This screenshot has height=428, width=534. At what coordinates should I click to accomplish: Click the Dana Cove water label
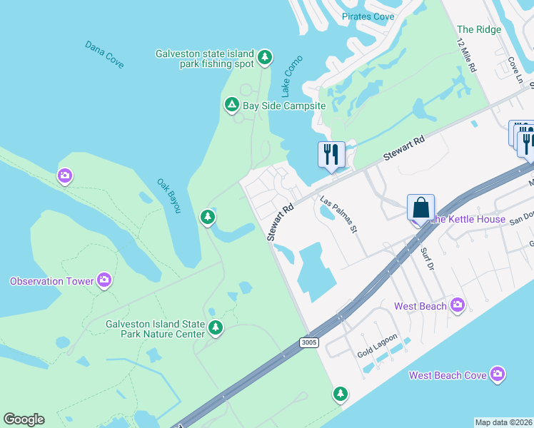pos(104,55)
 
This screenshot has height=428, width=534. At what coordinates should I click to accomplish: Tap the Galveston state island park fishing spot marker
pos(265,57)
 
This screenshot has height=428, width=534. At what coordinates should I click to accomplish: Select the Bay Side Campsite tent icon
pos(231,106)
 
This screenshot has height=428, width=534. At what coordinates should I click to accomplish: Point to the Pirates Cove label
pos(368,16)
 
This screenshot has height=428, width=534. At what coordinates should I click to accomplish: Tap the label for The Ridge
pos(479,29)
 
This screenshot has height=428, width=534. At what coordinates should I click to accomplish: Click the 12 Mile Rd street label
pos(466,54)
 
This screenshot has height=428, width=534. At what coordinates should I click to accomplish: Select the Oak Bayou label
pos(169,195)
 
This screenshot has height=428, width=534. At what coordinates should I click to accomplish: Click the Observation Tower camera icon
pos(104,280)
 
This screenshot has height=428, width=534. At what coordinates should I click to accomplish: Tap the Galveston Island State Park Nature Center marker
pos(215,328)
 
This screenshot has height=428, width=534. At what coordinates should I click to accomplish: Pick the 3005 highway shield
pos(308,343)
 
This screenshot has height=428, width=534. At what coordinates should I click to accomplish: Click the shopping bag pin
pos(421,208)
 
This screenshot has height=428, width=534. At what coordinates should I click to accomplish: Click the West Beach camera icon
pos(458,305)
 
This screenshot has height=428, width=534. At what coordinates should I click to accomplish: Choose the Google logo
pos(24,419)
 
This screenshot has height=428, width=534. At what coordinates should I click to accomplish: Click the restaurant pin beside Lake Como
pos(331,154)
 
